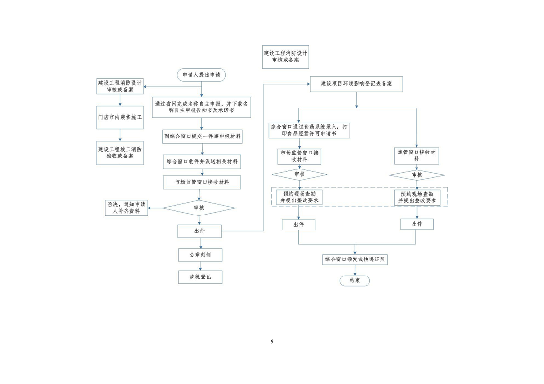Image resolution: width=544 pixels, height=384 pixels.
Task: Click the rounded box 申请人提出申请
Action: tap(201, 75)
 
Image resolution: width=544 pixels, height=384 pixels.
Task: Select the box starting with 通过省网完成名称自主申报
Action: tap(201, 107)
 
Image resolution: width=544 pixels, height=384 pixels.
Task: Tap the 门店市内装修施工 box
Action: tap(120, 118)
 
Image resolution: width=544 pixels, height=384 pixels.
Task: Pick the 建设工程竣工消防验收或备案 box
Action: tap(120, 153)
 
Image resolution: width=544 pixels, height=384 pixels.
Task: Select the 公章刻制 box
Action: tap(199, 254)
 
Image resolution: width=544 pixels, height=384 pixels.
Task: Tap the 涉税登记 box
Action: tap(199, 277)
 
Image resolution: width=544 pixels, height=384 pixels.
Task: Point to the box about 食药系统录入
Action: tap(309, 130)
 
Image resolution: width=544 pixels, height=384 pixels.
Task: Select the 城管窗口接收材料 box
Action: tap(417, 155)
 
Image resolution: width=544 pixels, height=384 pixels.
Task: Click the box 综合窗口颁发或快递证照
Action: tap(355, 260)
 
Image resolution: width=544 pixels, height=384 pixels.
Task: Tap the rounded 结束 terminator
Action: tap(355, 281)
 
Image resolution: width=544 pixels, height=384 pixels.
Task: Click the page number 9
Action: tap(272, 341)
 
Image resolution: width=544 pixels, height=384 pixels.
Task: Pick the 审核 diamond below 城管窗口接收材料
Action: tap(417, 175)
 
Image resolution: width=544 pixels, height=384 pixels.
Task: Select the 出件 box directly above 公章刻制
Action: tap(199, 231)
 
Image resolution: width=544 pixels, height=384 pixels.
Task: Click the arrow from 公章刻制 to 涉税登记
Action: tap(199, 266)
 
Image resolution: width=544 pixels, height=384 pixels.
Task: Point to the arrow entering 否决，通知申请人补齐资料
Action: tap(156, 208)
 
